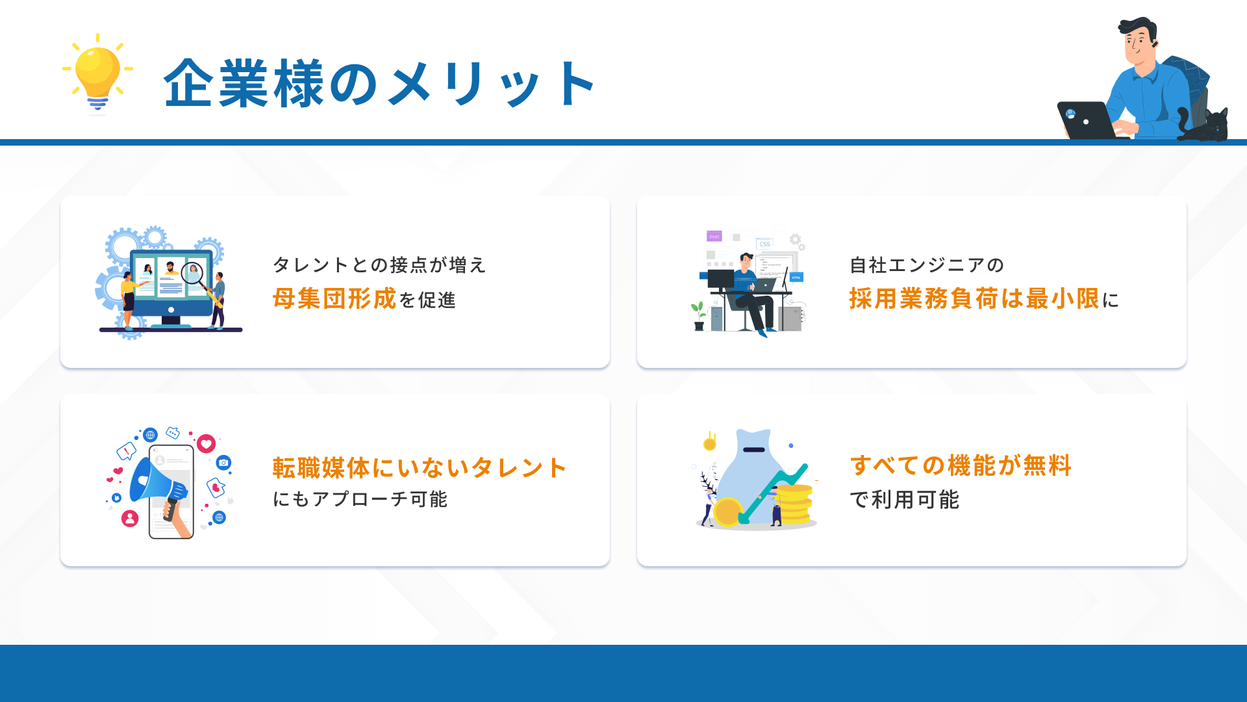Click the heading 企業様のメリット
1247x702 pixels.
380,83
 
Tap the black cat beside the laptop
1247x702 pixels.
1205,125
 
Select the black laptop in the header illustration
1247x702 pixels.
1088,120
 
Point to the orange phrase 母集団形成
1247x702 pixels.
334,299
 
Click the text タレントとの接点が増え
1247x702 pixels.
379,265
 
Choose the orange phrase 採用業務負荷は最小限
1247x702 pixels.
974,299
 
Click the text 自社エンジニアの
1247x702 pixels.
927,265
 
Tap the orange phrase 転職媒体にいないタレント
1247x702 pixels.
420,468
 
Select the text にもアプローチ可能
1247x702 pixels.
360,499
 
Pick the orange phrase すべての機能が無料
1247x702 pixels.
961,465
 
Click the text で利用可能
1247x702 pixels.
904,500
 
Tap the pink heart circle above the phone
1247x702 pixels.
207,444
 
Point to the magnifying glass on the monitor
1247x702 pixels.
192,273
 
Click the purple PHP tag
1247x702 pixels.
714,237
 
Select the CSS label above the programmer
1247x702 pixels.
764,244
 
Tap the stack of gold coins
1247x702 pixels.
794,504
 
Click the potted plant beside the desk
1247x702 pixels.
699,316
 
